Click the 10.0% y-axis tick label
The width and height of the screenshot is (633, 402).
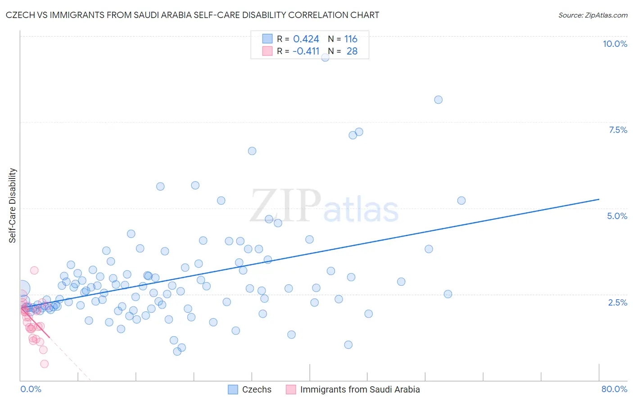coord(615,44)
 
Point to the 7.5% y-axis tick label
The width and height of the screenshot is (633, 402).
coord(618,130)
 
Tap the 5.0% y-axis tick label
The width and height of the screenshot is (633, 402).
coord(617,216)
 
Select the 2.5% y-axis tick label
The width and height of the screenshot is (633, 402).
coord(617,302)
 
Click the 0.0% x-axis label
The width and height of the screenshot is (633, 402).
coord(31,389)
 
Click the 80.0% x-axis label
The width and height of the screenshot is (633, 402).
coord(614,389)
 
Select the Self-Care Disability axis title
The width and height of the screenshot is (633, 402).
coord(13,206)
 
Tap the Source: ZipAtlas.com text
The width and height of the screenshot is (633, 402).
coord(592,15)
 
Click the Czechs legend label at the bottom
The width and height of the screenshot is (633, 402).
coord(257,389)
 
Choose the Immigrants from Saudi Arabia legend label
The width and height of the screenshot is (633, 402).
coord(360,389)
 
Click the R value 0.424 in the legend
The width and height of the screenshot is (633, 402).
coord(306,39)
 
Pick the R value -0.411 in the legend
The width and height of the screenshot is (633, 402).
coord(306,51)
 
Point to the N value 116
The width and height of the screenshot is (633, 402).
coord(351,39)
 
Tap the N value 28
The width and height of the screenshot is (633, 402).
coord(352,51)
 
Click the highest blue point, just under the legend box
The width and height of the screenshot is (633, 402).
coord(325,57)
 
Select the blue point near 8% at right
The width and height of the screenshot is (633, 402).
coord(438,100)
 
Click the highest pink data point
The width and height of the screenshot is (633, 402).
coord(34,270)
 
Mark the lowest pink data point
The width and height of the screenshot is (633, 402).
coord(44,364)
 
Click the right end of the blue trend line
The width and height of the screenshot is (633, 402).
coord(599,199)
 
